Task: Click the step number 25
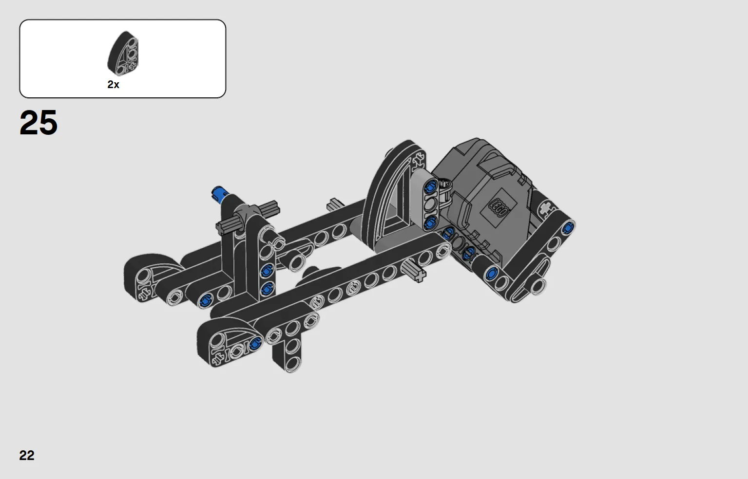click(38, 123)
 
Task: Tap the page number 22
click(27, 455)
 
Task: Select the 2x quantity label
click(113, 84)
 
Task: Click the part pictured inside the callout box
click(123, 54)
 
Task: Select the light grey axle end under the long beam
click(414, 271)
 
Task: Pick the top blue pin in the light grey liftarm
click(431, 185)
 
